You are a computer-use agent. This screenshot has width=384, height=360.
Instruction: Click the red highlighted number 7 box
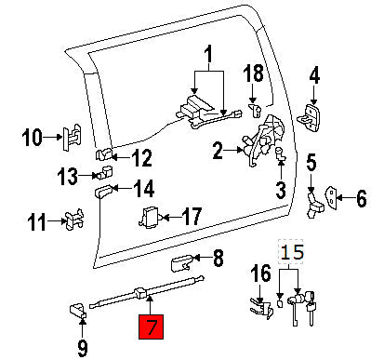[x=151, y=327]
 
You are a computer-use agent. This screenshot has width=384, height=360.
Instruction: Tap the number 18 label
[x=254, y=73]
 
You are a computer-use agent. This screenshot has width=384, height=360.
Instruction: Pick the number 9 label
[x=83, y=349]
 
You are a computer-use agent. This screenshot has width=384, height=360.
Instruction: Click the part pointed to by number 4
[x=311, y=114]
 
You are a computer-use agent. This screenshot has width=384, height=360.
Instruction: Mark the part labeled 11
[x=72, y=220]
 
